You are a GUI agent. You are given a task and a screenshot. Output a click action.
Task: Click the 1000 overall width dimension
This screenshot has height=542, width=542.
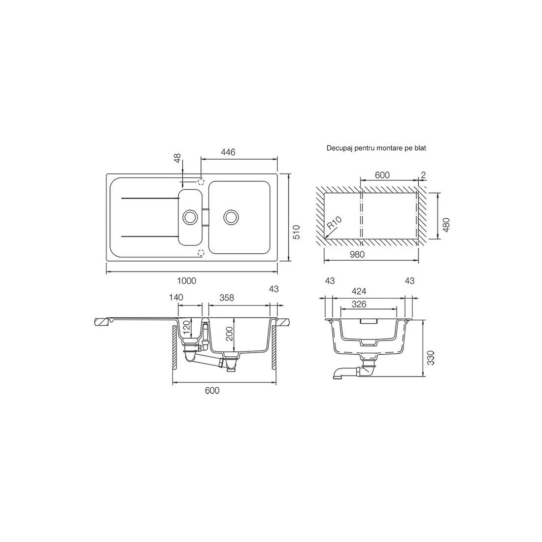tap(187, 281)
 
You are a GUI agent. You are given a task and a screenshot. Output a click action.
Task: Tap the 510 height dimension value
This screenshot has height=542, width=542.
tap(296, 232)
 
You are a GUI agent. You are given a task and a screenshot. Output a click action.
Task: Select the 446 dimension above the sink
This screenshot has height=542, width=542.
tap(228, 152)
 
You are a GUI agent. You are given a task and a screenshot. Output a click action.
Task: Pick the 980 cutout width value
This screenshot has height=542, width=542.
tap(357, 254)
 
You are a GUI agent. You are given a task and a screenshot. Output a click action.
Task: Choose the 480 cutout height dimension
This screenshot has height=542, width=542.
tap(446, 225)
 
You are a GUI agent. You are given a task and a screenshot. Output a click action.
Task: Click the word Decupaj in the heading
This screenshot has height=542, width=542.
tap(338, 148)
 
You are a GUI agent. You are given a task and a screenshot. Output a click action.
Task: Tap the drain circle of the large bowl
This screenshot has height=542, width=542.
tap(231, 217)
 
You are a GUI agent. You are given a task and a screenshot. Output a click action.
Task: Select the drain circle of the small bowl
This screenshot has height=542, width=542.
tap(190, 217)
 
